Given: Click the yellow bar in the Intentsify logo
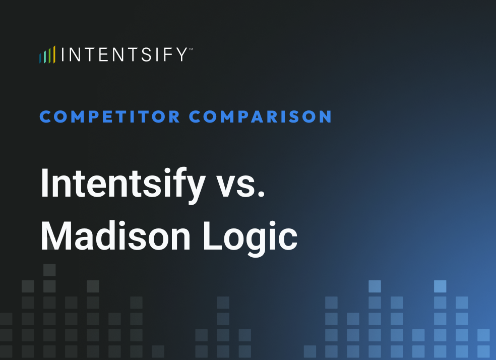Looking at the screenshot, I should (54, 54).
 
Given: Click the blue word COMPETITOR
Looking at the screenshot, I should (110, 117).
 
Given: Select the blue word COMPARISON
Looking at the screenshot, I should (261, 117).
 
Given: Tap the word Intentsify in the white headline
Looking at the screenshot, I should (122, 183).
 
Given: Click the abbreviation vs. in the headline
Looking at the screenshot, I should (241, 184).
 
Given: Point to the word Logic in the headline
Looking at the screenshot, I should (250, 236).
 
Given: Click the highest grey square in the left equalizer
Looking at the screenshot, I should (49, 270).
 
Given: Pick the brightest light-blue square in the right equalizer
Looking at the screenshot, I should (440, 286).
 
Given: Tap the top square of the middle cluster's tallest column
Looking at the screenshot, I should (223, 303).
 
